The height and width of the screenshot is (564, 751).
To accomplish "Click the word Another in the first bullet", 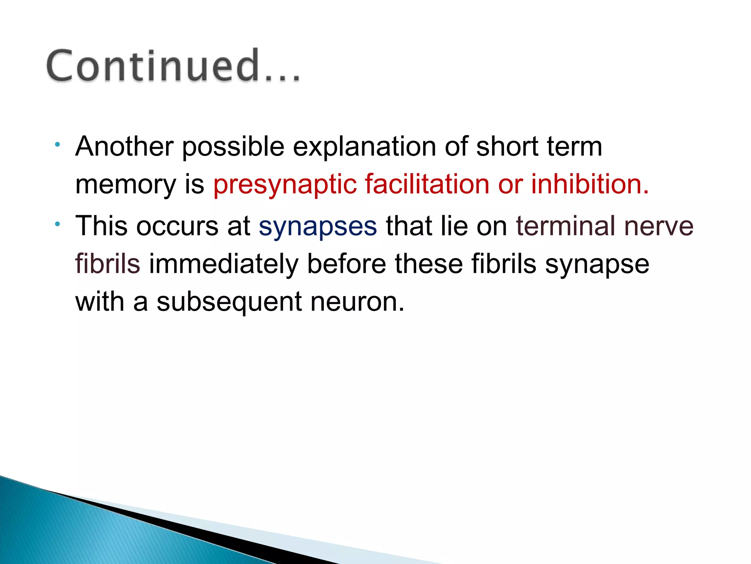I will coord(124,146).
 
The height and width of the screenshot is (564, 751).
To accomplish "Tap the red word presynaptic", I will coord(285,184).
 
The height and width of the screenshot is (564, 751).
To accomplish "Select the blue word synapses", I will coord(318,227).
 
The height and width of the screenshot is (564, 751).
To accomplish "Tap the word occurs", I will coord(177,226).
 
